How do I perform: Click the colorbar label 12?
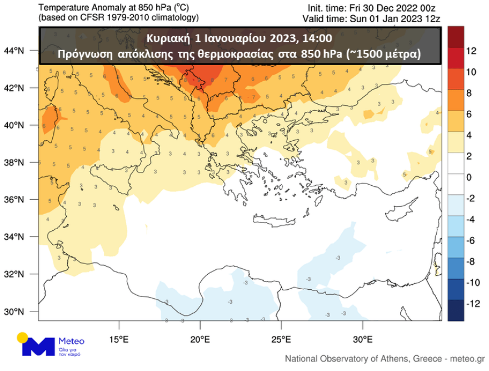pyautogui.click(x=471, y=51)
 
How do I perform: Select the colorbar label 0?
pyautogui.click(x=469, y=177)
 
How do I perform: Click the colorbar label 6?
pyautogui.click(x=469, y=114)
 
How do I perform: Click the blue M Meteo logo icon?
pyautogui.click(x=38, y=345)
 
